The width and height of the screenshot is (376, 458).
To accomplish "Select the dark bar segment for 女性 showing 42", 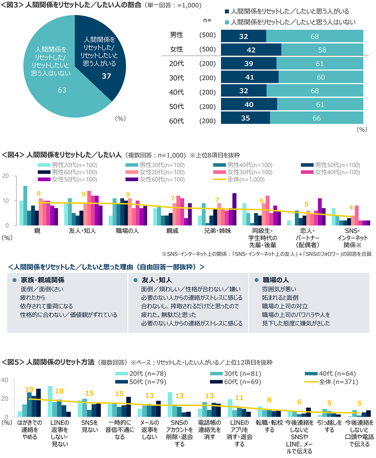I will [251, 50].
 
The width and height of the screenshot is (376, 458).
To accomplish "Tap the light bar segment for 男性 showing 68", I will [315, 36].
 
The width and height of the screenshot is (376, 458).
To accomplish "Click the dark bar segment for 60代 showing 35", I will [245, 118].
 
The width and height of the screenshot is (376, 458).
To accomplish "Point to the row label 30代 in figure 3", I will [176, 78].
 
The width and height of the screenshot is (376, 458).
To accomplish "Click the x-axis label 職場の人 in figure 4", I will [127, 231].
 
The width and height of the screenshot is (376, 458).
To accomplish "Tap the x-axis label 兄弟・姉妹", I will [217, 231].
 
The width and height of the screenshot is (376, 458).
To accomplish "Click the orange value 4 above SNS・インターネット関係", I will [351, 207].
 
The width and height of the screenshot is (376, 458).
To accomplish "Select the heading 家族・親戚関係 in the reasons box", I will [43, 280].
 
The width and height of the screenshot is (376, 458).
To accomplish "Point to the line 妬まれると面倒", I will [280, 298].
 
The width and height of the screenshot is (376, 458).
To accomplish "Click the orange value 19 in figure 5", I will [29, 389].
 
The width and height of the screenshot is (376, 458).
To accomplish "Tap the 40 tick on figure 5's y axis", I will [5, 380].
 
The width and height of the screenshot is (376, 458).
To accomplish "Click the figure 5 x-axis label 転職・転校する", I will [269, 426].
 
